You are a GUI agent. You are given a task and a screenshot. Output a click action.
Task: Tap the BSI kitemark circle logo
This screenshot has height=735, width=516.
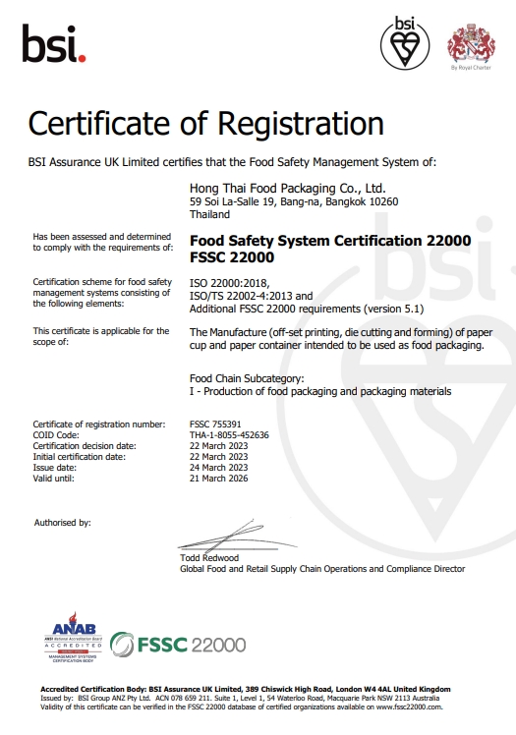tap(406, 42)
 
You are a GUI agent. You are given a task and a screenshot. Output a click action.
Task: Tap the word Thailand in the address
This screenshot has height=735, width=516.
tap(209, 213)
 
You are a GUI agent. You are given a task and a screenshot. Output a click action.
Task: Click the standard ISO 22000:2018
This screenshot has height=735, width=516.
tap(227, 282)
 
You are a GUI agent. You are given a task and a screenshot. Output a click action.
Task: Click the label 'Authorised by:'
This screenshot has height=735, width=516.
tap(63, 522)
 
